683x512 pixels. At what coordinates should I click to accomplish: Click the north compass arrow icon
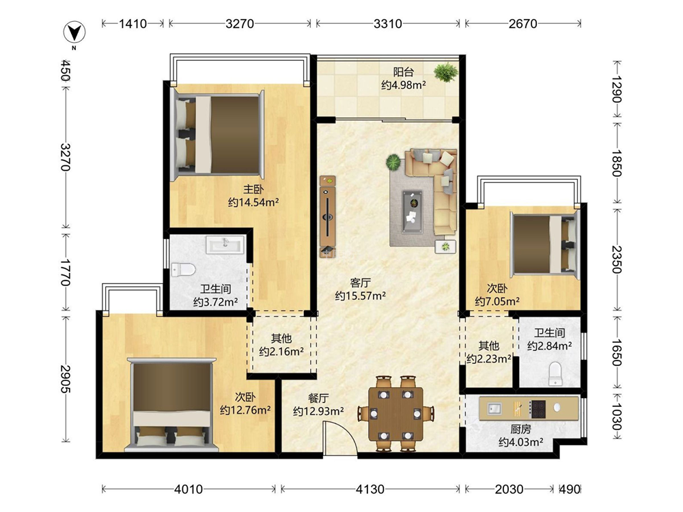pyautogui.click(x=74, y=32)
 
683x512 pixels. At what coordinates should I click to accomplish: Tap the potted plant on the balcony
pyautogui.click(x=445, y=72)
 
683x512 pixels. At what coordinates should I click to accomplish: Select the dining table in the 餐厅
pyautogui.click(x=396, y=414)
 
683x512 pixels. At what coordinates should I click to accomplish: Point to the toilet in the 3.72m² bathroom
pyautogui.click(x=183, y=270)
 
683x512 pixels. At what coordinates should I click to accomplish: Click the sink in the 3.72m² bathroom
pyautogui.click(x=225, y=244)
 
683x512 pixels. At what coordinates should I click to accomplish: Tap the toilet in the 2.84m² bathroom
pyautogui.click(x=555, y=373)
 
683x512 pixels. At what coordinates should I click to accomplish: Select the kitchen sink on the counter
pyautogui.click(x=494, y=408)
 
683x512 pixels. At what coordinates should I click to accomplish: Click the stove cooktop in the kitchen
pyautogui.click(x=538, y=408)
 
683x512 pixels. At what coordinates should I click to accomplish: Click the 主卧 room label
pyautogui.click(x=253, y=189)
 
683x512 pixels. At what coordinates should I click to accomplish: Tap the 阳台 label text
pyautogui.click(x=404, y=72)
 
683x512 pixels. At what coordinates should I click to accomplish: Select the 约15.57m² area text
pyautogui.click(x=360, y=296)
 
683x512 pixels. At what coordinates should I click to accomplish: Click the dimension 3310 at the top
pyautogui.click(x=388, y=23)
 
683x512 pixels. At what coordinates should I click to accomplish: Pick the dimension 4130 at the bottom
pyautogui.click(x=370, y=489)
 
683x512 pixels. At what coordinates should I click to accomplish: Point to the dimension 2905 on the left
pyautogui.click(x=66, y=378)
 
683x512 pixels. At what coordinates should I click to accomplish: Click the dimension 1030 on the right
pyautogui.click(x=617, y=416)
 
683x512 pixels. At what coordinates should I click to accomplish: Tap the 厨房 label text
pyautogui.click(x=520, y=429)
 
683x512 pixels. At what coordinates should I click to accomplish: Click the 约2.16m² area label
pyautogui.click(x=281, y=351)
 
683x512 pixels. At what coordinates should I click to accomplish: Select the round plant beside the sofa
pyautogui.click(x=393, y=162)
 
